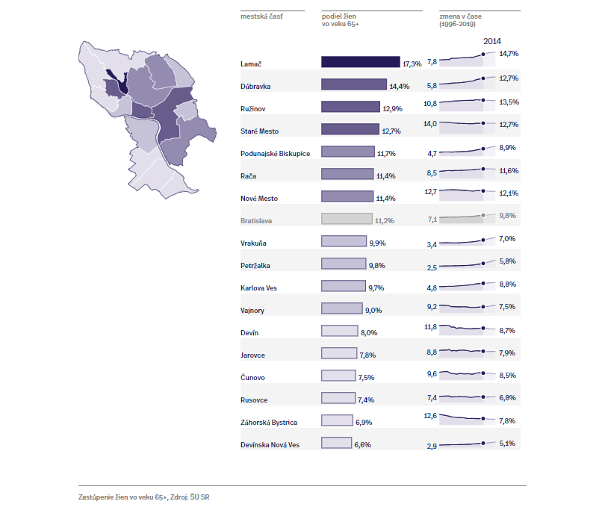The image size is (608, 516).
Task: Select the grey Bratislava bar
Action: tap(347, 220)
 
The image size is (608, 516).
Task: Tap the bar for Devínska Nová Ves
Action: tap(336, 444)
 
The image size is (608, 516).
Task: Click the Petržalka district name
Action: tap(256, 265)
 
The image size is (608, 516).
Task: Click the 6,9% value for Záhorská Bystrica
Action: tap(364, 422)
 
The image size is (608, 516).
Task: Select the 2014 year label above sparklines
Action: tap(492, 41)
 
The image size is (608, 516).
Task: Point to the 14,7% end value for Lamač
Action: tap(509, 55)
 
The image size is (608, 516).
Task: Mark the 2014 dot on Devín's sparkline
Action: tap(483, 329)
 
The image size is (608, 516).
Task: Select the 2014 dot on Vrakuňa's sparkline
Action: tap(483, 240)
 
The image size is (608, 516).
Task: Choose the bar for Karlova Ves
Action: tap(344, 287)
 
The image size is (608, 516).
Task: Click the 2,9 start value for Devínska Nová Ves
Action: tap(432, 446)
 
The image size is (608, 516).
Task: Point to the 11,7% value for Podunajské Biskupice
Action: tap(387, 153)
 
